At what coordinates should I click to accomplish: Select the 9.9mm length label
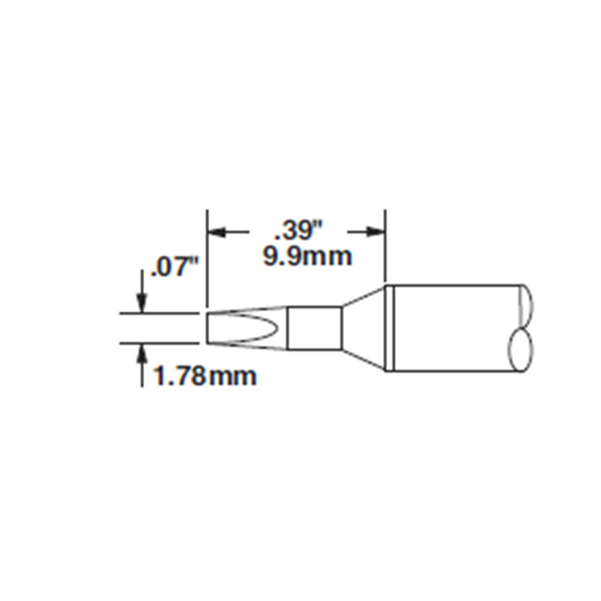tap(307, 257)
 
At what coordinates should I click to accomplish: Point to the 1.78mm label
tap(205, 376)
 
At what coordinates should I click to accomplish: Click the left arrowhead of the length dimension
tap(216, 233)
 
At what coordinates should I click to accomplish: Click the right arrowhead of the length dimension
tap(376, 233)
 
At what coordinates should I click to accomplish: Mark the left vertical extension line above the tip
tap(207, 255)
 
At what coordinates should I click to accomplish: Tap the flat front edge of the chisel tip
tap(207, 328)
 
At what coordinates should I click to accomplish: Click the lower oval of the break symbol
tap(522, 350)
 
